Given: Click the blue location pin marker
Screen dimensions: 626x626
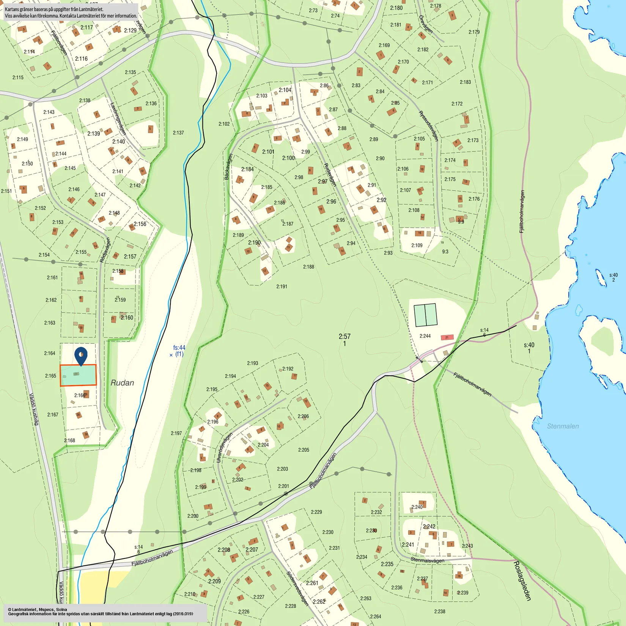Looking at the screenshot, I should (81, 356).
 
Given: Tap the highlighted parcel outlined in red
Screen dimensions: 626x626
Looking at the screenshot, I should (78, 375).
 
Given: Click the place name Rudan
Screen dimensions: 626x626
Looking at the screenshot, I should (122, 383).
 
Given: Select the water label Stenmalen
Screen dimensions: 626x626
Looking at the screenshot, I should (563, 426).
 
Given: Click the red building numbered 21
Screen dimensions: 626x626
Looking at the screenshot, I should (447, 337).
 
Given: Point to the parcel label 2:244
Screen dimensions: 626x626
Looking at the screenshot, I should (425, 336).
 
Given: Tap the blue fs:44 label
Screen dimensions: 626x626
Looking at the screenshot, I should (179, 348).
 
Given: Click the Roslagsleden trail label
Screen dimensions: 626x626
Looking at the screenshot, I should (522, 580).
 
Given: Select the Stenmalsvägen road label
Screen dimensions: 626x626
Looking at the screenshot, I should (427, 560).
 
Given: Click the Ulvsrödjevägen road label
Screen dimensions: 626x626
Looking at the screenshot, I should (224, 448).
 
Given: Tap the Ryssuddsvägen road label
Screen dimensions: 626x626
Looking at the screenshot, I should (428, 126).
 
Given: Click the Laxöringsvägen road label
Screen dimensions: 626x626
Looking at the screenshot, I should (118, 119).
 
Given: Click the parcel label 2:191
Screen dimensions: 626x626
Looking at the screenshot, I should (282, 286).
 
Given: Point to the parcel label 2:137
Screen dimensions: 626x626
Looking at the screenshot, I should (178, 133).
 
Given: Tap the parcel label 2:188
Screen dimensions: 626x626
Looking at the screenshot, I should (308, 267).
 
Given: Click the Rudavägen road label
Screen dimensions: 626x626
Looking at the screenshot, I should (330, 175).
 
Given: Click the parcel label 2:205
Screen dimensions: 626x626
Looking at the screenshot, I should (304, 450).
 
